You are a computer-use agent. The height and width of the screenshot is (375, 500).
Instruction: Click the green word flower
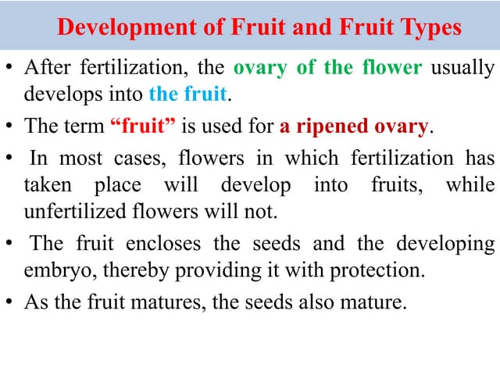point(393,67)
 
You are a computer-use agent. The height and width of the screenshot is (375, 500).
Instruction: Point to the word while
point(470,186)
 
